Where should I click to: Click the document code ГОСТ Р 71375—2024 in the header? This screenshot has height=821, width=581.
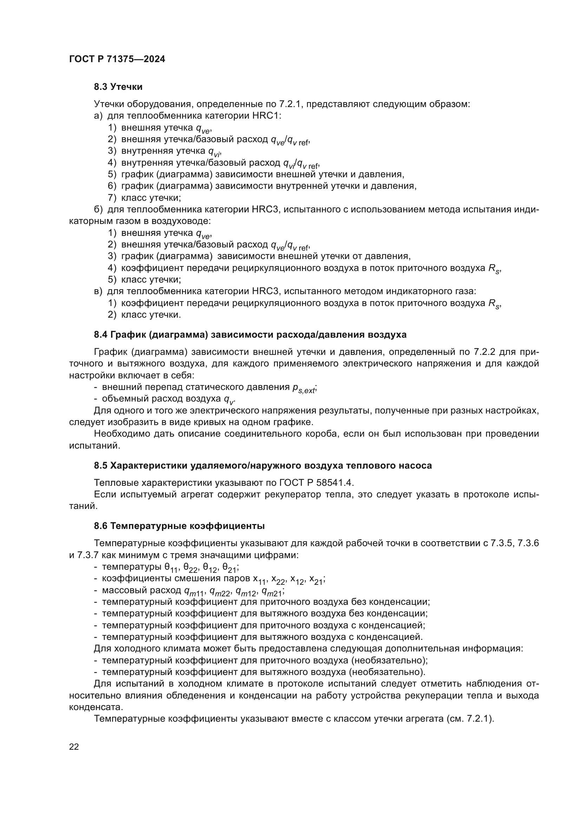[117, 59]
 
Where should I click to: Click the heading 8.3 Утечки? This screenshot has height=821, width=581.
[118, 87]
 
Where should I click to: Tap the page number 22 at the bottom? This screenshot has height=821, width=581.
[74, 747]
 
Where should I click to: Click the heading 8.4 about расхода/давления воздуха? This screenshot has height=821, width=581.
[250, 335]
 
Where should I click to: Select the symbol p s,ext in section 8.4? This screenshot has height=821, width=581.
[304, 388]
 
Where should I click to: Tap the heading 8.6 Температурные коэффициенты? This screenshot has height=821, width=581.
[179, 526]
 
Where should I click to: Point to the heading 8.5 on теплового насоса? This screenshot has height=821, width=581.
[263, 465]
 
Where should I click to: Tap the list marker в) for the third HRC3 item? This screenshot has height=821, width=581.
[98, 291]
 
